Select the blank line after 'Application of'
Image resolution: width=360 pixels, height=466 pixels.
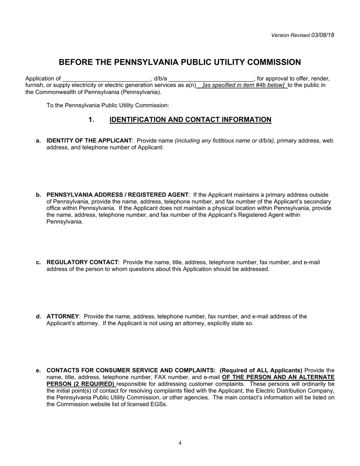(x=106, y=79)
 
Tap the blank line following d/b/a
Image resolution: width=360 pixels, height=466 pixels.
(x=211, y=79)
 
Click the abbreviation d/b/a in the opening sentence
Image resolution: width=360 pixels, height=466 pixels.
(x=160, y=79)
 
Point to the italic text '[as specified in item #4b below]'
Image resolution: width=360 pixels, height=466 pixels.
(x=244, y=85)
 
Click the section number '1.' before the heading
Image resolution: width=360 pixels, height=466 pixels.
(x=91, y=120)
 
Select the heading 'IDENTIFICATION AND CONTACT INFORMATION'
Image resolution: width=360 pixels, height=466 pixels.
(x=190, y=120)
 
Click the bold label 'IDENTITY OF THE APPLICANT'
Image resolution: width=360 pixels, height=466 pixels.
(x=89, y=141)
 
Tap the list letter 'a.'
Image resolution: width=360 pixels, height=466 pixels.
(x=38, y=141)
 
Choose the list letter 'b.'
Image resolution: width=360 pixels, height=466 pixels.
(x=38, y=195)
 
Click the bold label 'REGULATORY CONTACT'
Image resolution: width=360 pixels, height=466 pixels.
(x=82, y=262)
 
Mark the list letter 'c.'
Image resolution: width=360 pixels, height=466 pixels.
(x=38, y=262)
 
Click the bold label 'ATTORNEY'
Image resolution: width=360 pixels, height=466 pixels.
(x=63, y=316)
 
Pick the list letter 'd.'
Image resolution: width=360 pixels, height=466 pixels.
(x=38, y=316)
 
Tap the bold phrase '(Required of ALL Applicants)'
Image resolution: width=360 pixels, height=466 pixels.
(x=261, y=370)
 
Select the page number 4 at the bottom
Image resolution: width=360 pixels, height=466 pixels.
(x=180, y=443)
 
